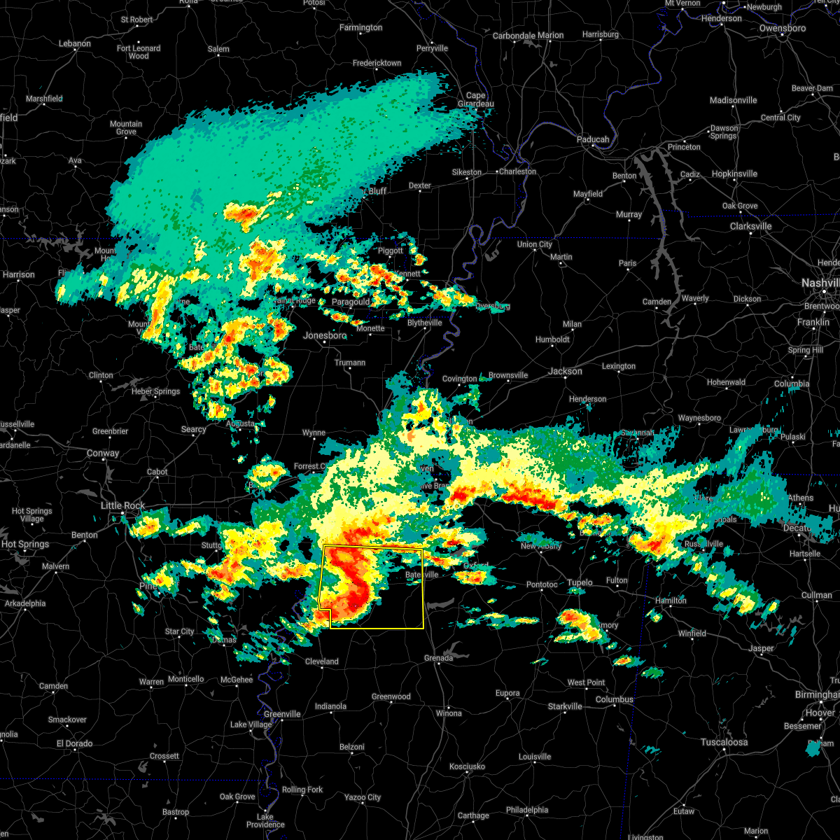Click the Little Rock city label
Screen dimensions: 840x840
pos(122,505)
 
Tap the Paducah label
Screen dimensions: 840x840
pos(593,139)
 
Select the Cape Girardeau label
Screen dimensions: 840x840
pos(475,100)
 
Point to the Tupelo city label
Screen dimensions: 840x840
pos(580,582)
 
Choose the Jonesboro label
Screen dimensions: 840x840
pos(325,335)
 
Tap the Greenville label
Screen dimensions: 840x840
pos(282,714)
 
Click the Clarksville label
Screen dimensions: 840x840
pos(750,226)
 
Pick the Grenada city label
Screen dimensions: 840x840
pos(438,658)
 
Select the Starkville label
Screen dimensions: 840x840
pos(565,706)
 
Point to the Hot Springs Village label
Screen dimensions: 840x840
pos(32,515)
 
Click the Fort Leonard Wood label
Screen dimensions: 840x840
pos(139,52)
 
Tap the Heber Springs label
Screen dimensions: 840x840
pos(155,391)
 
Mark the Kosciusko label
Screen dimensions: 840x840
pos(467,766)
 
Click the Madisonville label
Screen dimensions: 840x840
pos(733,100)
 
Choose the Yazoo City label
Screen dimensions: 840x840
pos(363,797)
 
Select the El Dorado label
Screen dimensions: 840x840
pos(75,743)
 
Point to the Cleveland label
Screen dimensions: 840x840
pos(321,661)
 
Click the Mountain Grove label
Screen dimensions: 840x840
pos(126,128)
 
